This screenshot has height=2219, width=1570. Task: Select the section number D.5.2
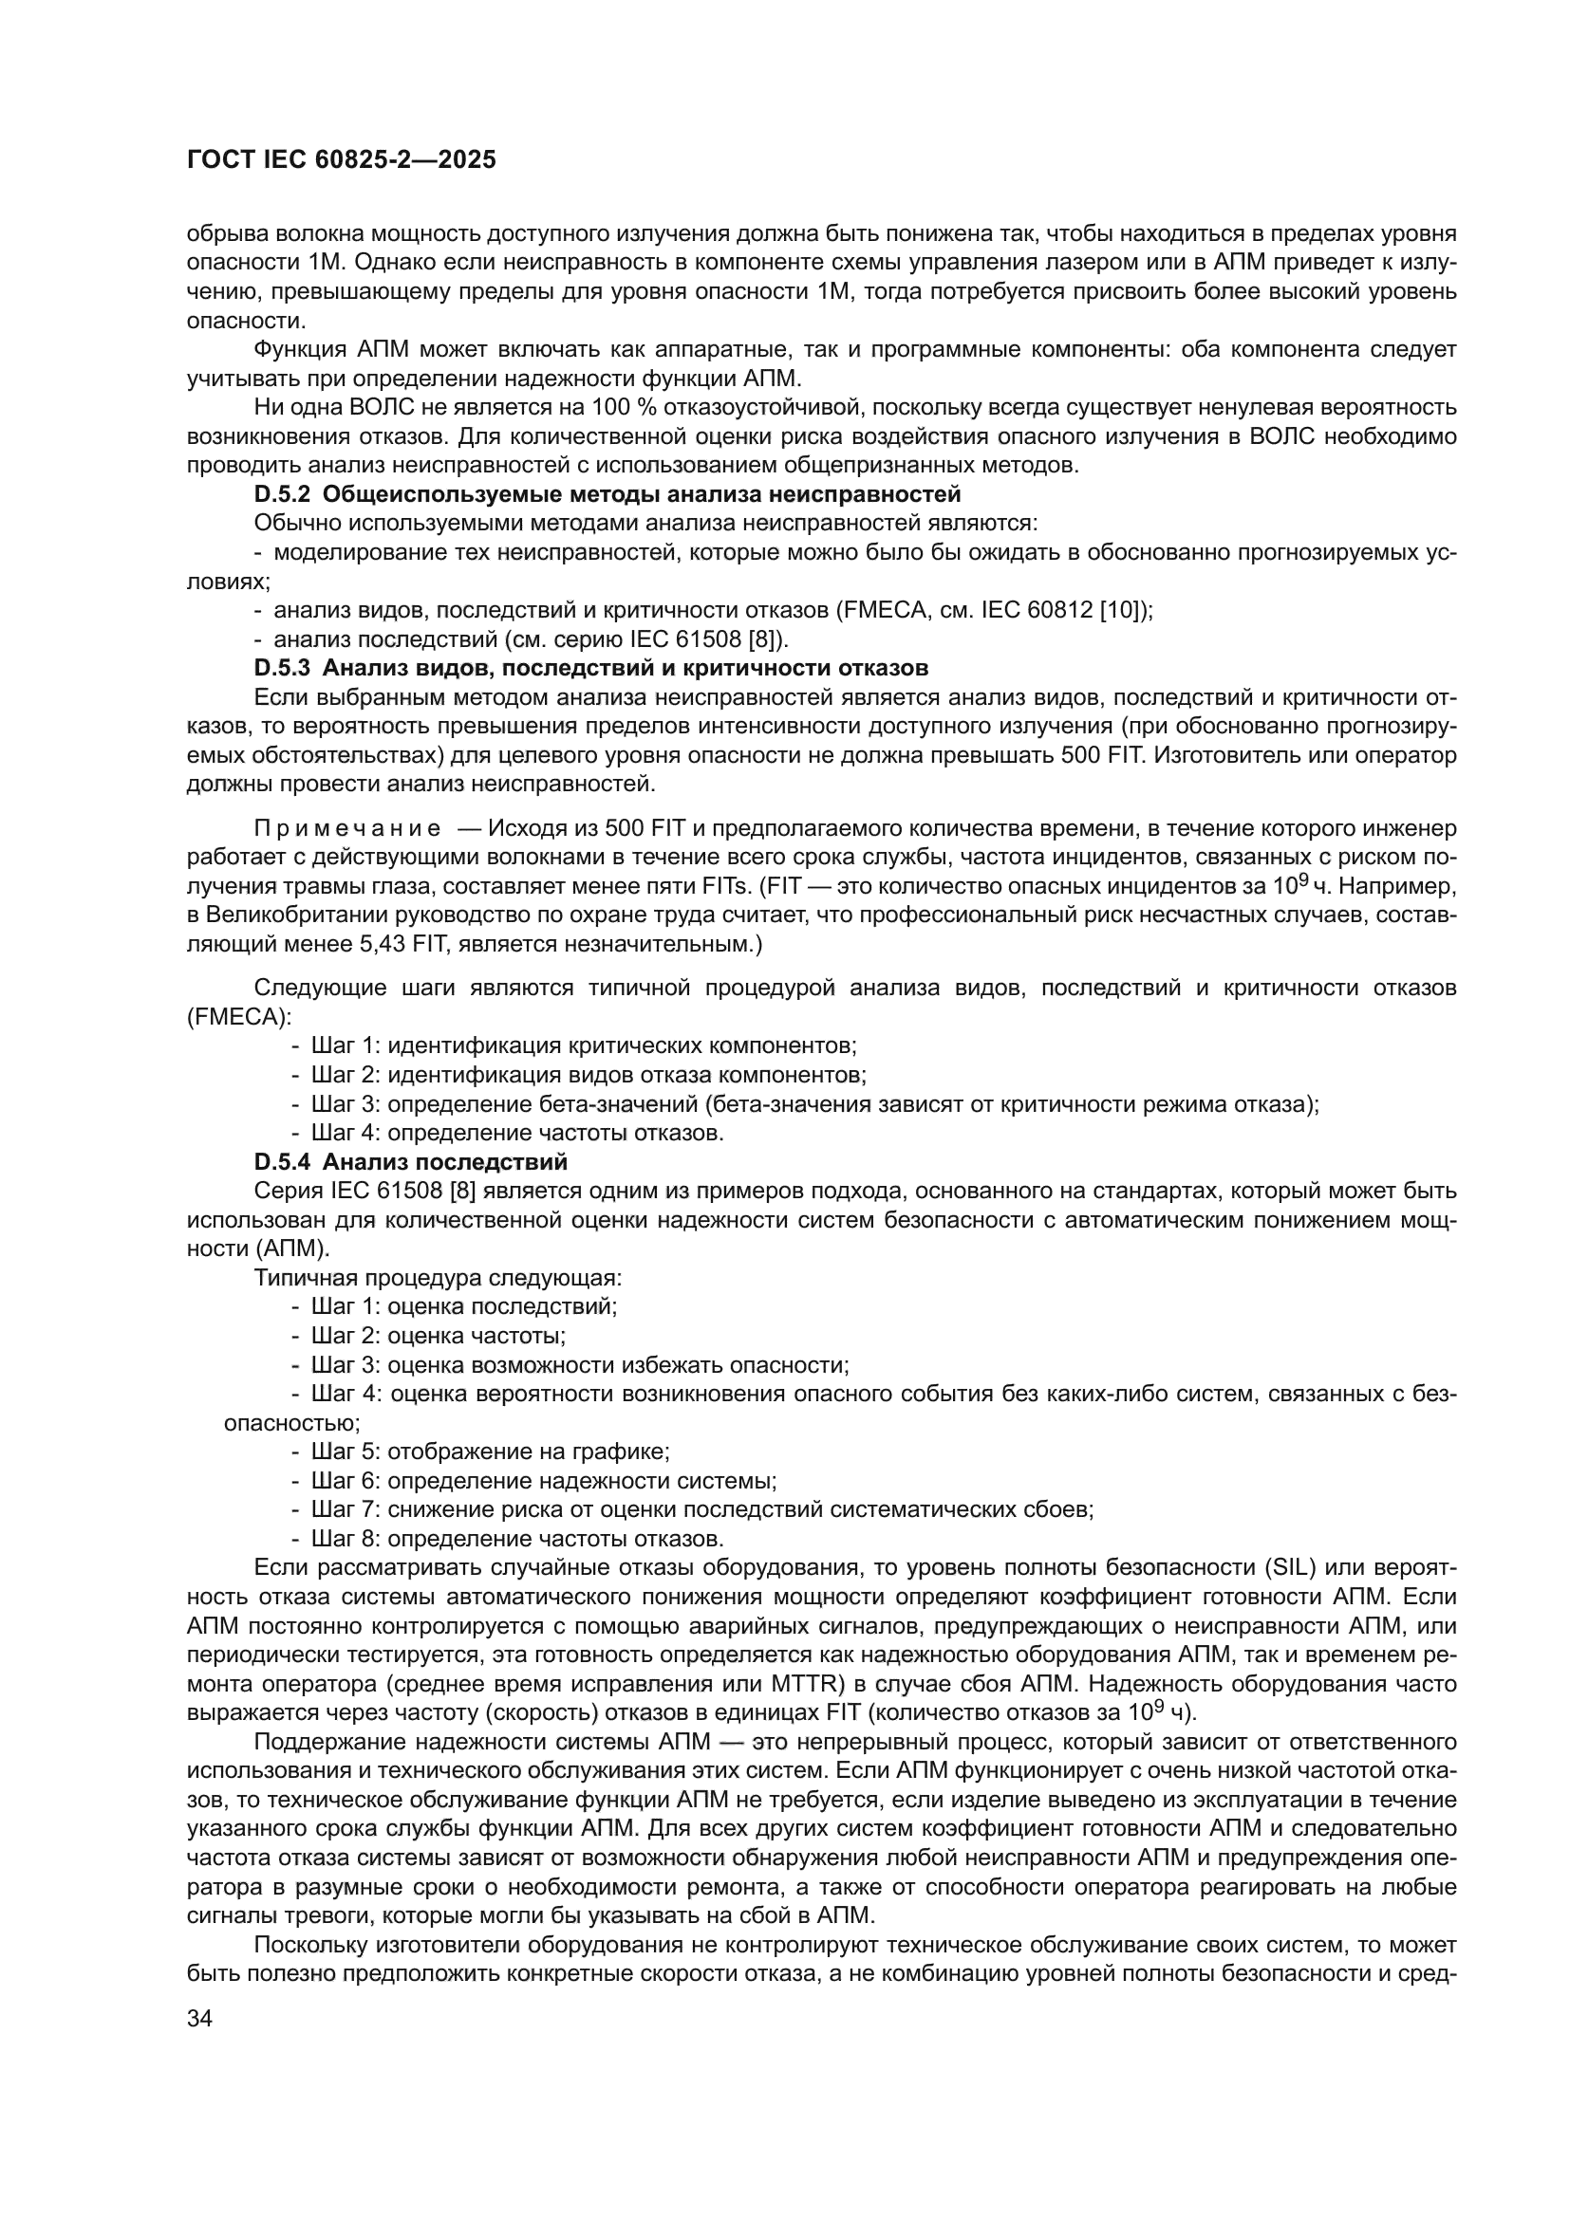click(x=282, y=495)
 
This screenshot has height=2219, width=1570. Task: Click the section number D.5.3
click(x=282, y=668)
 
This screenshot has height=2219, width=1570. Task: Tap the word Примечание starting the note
click(x=347, y=829)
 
